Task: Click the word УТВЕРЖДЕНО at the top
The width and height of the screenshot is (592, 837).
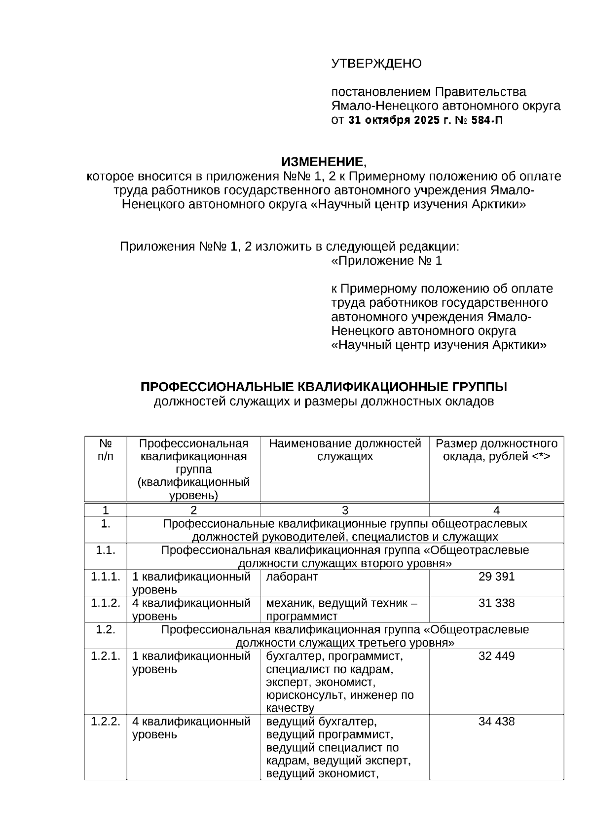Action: pyautogui.click(x=376, y=64)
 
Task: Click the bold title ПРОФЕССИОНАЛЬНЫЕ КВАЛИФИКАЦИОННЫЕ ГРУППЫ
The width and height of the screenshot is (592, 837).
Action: pyautogui.click(x=324, y=387)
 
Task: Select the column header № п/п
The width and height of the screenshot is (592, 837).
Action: pyautogui.click(x=106, y=450)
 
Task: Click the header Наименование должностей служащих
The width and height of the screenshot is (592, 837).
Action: pyautogui.click(x=345, y=450)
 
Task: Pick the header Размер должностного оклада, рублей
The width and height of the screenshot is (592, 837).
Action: pyautogui.click(x=496, y=450)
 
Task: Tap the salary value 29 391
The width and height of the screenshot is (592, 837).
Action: pyautogui.click(x=496, y=577)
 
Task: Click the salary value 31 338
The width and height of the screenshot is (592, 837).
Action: pyautogui.click(x=496, y=603)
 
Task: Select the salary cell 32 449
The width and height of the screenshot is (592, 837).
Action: pyautogui.click(x=496, y=656)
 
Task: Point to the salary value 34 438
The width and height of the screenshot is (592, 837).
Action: pyautogui.click(x=496, y=722)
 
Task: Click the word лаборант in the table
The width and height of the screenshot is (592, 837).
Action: pyautogui.click(x=292, y=577)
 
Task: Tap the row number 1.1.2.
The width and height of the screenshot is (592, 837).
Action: pyautogui.click(x=106, y=603)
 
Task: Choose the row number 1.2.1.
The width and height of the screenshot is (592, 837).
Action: pyautogui.click(x=106, y=656)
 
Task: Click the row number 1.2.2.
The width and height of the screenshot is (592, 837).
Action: pyautogui.click(x=106, y=722)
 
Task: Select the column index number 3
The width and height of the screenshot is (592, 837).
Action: pyautogui.click(x=345, y=510)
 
